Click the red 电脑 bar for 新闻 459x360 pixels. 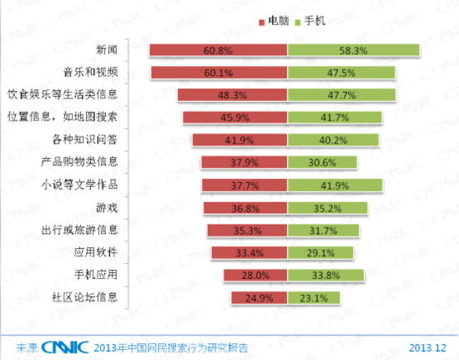219,51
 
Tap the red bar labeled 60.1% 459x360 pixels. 219,74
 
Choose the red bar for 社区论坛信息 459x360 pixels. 260,297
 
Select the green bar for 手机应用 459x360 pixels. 326,274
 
